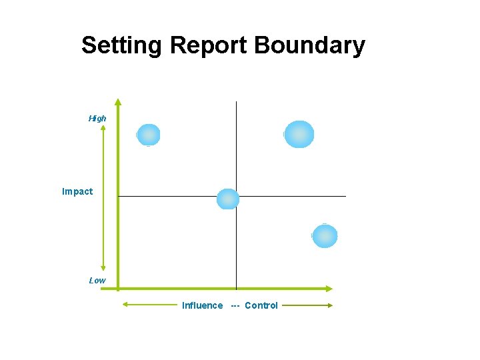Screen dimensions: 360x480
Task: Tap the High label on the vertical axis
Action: coord(97,119)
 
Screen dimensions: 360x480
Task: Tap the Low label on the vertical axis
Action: coord(97,281)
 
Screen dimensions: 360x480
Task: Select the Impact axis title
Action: coord(77,192)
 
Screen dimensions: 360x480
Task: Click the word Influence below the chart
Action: coord(203,306)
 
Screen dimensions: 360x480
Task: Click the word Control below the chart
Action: coord(261,306)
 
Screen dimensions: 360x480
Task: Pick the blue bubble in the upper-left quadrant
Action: coord(148,135)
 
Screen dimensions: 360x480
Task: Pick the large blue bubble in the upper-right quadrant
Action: coord(299,134)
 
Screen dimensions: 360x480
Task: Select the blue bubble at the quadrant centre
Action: coord(228,199)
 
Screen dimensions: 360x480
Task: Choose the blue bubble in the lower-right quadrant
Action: coord(325,236)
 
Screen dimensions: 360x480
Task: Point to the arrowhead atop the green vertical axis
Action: coord(118,103)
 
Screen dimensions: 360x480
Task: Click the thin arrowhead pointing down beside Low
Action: coord(103,268)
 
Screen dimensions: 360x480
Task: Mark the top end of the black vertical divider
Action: coord(236,102)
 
